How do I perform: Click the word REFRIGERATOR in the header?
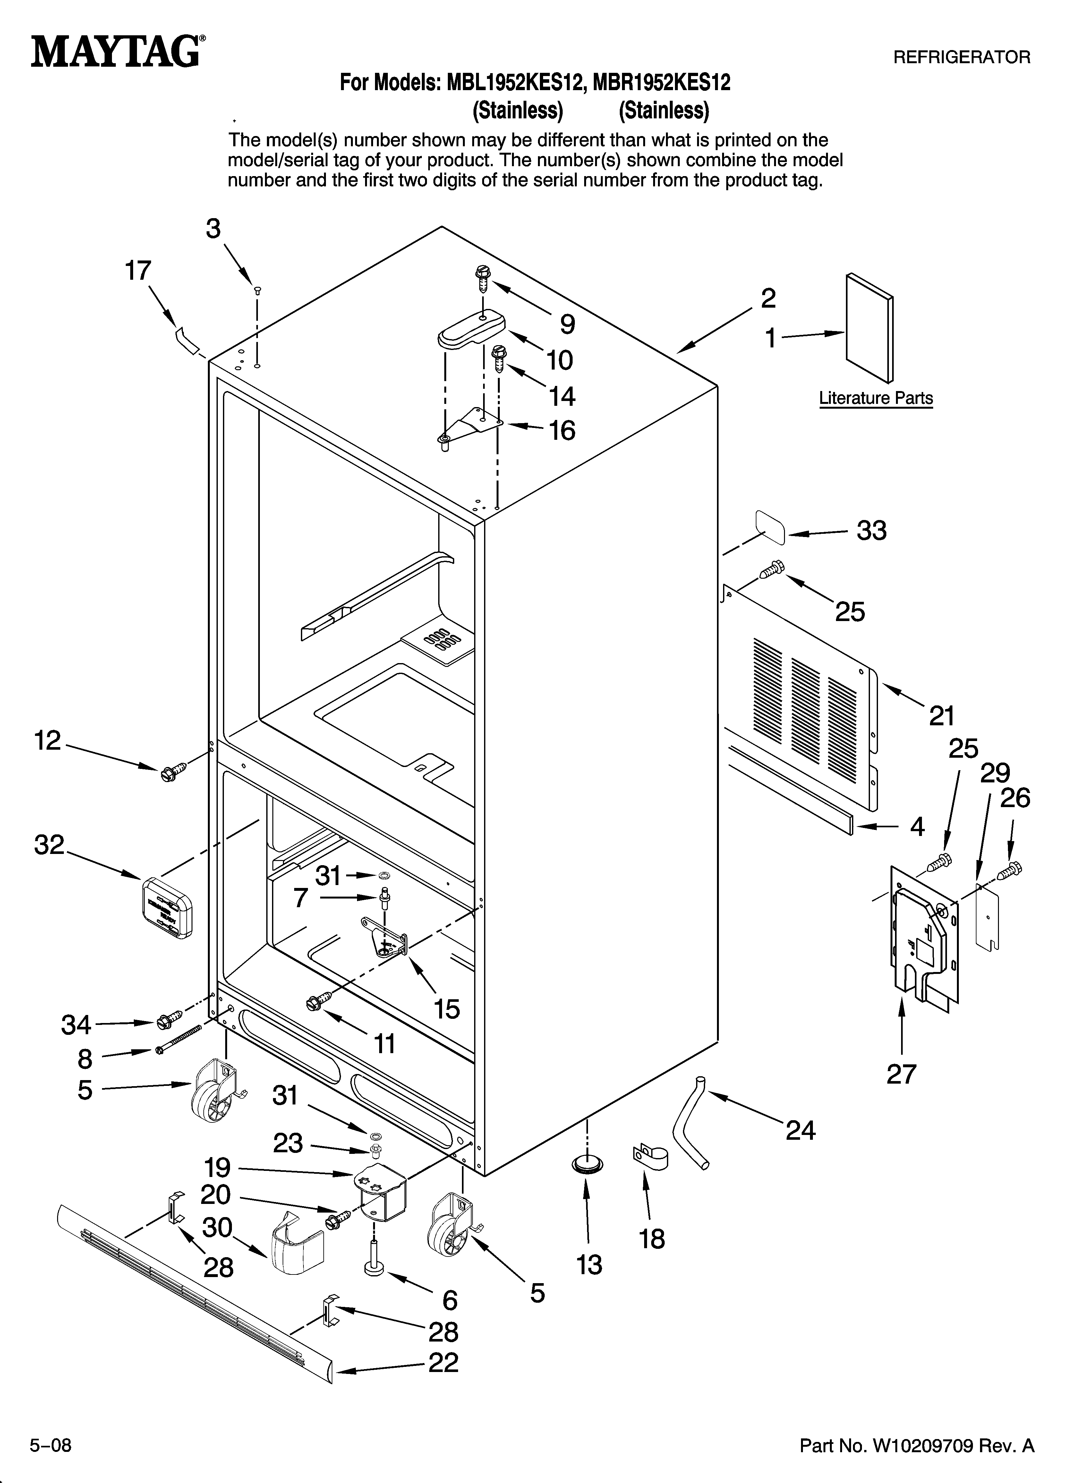coord(961,57)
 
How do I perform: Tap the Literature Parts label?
coord(875,398)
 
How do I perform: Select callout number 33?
coord(871,530)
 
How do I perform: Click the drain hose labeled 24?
coord(687,1123)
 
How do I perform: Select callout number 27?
coord(901,1074)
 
